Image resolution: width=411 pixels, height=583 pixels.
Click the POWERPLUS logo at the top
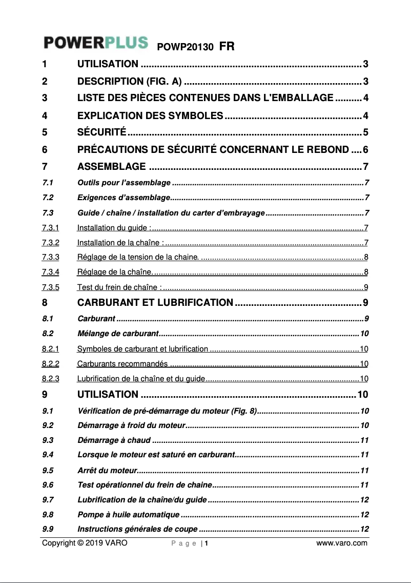click(x=96, y=43)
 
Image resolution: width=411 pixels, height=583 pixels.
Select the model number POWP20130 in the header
click(x=185, y=47)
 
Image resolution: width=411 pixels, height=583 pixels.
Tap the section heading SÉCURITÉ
click(x=101, y=132)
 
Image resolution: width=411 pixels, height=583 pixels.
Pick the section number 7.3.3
click(x=51, y=257)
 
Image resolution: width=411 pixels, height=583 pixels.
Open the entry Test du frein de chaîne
click(x=119, y=287)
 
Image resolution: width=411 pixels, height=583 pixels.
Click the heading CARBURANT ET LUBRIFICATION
click(x=155, y=302)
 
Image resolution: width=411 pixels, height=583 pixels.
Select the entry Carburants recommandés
click(x=122, y=364)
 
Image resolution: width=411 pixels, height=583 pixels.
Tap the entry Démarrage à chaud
click(x=114, y=440)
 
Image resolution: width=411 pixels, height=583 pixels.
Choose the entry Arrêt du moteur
click(x=107, y=470)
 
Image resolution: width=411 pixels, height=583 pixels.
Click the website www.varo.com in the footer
click(x=342, y=543)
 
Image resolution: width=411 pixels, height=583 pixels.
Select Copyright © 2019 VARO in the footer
click(x=85, y=543)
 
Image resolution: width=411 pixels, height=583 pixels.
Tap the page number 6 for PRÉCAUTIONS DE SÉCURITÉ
click(x=365, y=150)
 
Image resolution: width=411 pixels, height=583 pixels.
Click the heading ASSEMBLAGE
click(x=111, y=166)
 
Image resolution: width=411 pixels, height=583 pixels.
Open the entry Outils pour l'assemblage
click(x=124, y=183)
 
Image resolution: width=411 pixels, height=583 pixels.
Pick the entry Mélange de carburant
click(x=117, y=334)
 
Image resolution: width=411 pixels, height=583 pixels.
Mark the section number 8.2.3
click(x=51, y=379)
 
